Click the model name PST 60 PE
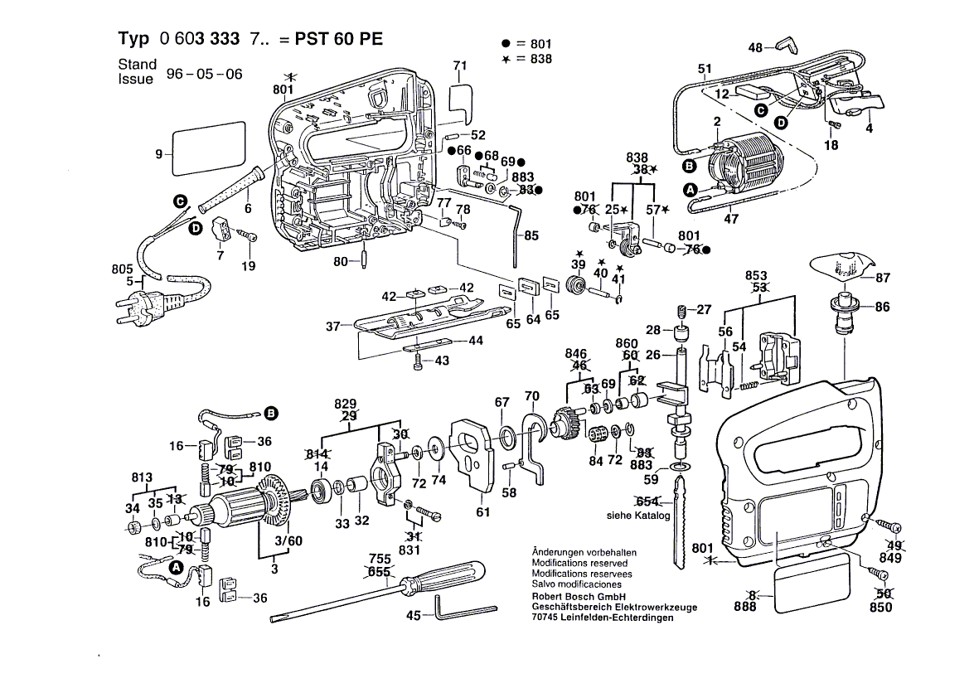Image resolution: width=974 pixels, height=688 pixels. pyautogui.click(x=336, y=40)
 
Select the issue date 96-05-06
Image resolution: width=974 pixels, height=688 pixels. pyautogui.click(x=204, y=74)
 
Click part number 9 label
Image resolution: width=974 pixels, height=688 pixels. pyautogui.click(x=158, y=153)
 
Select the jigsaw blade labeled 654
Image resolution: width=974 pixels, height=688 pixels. pyautogui.click(x=681, y=531)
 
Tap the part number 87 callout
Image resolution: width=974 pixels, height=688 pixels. pyautogui.click(x=883, y=278)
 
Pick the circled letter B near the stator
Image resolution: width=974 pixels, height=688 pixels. pyautogui.click(x=688, y=167)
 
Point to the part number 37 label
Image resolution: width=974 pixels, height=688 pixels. pyautogui.click(x=333, y=327)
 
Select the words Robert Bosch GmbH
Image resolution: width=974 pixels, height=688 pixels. pyautogui.click(x=578, y=596)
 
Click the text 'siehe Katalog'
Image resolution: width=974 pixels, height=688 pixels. pyautogui.click(x=637, y=516)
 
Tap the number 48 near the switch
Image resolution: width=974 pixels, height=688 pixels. pyautogui.click(x=755, y=48)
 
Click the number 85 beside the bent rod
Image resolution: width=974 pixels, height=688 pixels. pyautogui.click(x=531, y=235)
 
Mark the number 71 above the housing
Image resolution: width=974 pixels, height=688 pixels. pyautogui.click(x=460, y=65)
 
